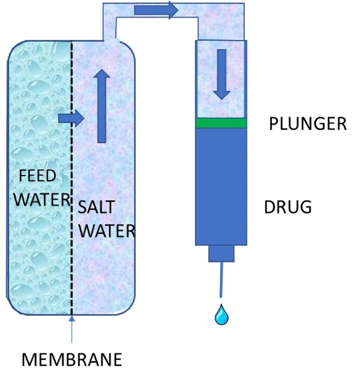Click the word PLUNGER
tap(307, 124)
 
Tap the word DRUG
tap(288, 207)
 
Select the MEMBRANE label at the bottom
tap(72, 360)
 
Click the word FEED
tap(37, 177)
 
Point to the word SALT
tap(96, 208)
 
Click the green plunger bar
tap(221, 123)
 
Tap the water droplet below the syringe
tap(222, 315)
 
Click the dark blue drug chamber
tap(221, 187)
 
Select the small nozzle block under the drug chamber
tap(221, 253)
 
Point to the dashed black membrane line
tap(72, 216)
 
